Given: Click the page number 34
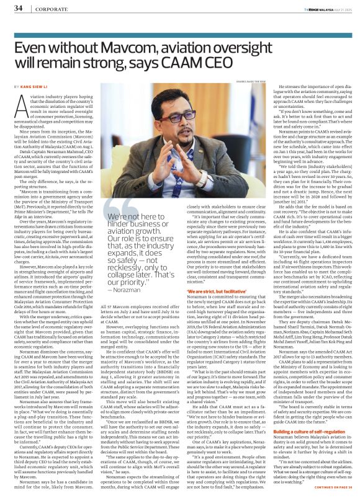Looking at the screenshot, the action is click(18, 8).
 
